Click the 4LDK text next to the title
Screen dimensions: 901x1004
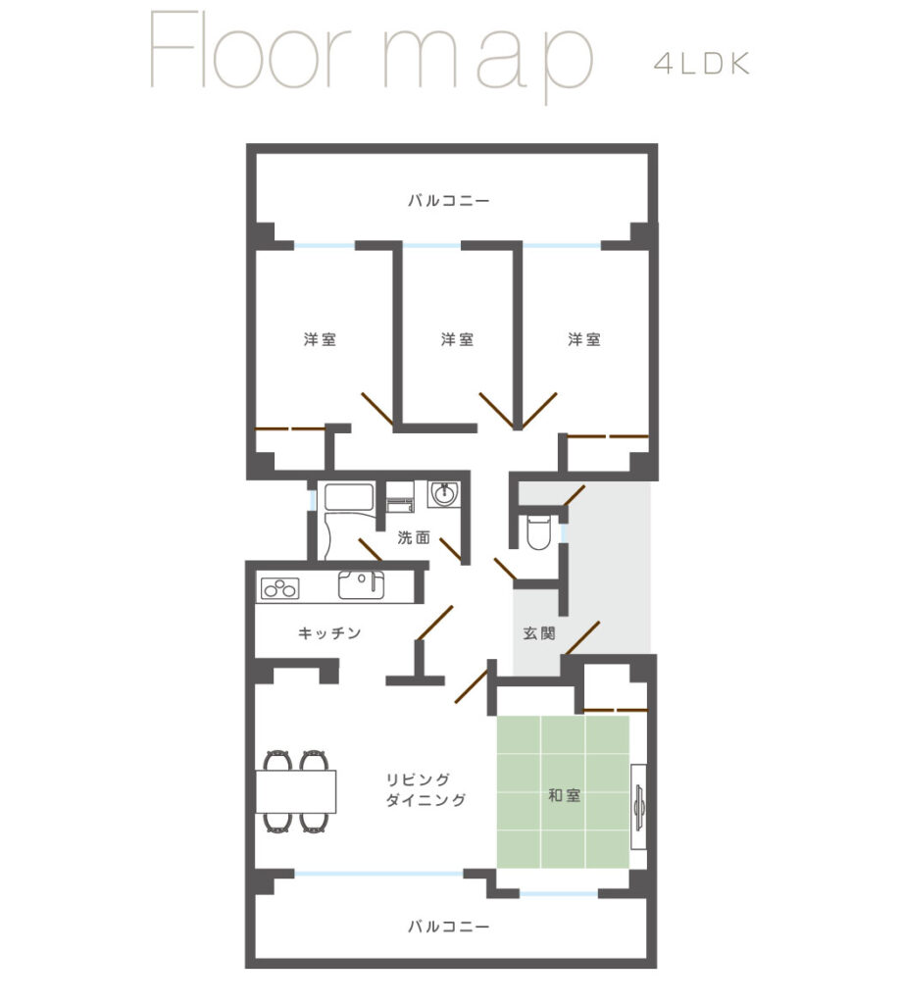[702, 64]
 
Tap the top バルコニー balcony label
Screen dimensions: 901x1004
[449, 201]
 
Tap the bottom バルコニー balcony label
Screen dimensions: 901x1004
[449, 927]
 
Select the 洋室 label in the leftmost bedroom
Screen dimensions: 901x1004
[320, 339]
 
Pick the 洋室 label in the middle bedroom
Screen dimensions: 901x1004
[457, 339]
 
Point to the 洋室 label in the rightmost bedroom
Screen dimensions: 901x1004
[584, 339]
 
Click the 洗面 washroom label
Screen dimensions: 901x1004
[414, 538]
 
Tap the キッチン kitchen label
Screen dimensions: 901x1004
[329, 633]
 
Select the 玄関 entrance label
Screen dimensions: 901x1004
[539, 633]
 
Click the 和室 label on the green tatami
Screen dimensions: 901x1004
[564, 795]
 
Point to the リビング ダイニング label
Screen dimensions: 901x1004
[425, 789]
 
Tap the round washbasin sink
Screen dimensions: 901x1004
[443, 494]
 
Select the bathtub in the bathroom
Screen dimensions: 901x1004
[349, 497]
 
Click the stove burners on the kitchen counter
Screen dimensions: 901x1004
[279, 588]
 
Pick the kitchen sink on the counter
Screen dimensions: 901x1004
[361, 584]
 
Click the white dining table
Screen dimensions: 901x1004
[296, 791]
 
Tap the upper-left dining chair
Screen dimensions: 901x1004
[277, 761]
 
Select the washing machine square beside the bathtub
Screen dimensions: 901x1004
[400, 497]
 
